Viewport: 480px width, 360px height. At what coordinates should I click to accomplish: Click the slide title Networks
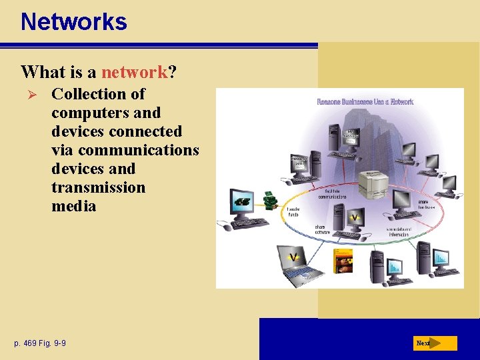[73, 22]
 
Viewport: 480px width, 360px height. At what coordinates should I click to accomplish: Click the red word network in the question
[133, 71]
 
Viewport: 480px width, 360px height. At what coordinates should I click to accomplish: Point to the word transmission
[98, 187]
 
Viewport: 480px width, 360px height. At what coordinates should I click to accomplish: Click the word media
[73, 206]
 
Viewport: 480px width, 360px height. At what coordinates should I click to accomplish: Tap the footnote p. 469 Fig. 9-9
[40, 343]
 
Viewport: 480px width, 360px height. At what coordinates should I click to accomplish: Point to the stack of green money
[270, 199]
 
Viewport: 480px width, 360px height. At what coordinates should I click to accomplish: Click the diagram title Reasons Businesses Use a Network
[365, 102]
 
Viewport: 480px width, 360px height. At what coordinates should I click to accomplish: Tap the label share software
[324, 229]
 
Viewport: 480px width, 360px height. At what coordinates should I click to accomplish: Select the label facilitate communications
[331, 195]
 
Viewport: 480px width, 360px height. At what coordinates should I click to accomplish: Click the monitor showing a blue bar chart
[441, 257]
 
